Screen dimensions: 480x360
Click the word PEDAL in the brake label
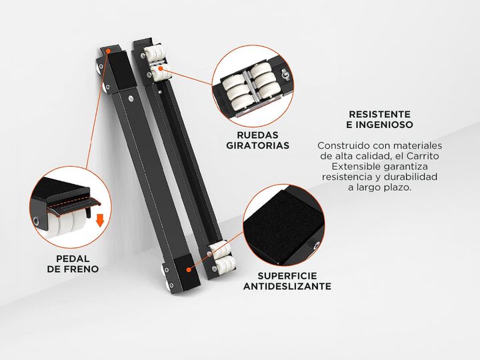pos(73,259)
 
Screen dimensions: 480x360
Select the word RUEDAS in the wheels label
pos(257,135)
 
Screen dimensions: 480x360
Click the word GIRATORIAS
pos(257,145)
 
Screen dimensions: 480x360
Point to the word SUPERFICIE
pos(287,276)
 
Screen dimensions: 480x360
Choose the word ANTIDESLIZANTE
pos(287,286)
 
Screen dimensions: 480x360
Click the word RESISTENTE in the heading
pos(379,114)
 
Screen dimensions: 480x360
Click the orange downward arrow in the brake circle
pos(100,220)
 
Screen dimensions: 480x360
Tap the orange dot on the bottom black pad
pos(189,270)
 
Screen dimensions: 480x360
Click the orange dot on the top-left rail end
pos(108,51)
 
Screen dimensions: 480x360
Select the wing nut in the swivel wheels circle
pos(283,75)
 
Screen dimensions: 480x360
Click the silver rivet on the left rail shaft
pos(131,98)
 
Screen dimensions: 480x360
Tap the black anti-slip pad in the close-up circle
pos(279,225)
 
